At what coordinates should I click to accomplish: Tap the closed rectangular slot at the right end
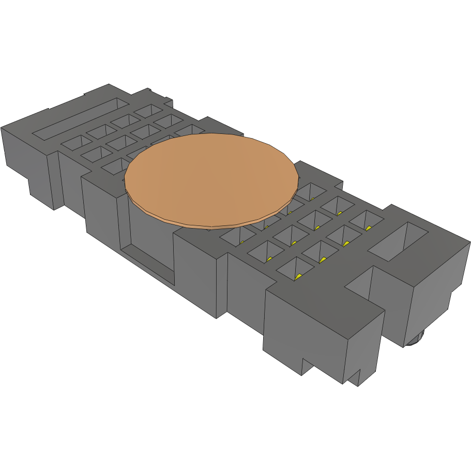(398, 240)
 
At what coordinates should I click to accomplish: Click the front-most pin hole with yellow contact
(296, 269)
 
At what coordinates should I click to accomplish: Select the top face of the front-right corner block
(323, 310)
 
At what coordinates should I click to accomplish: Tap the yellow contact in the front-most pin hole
(298, 276)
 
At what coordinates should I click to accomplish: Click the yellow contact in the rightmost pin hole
(369, 227)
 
